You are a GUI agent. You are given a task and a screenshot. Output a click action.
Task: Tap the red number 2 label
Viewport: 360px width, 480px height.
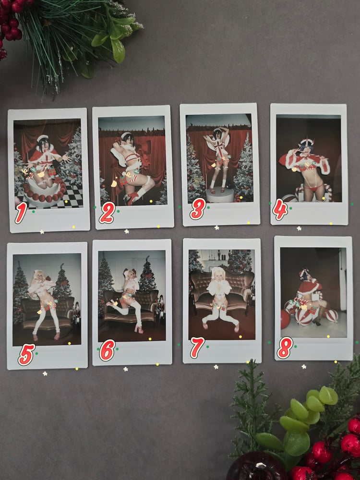(x=107, y=213)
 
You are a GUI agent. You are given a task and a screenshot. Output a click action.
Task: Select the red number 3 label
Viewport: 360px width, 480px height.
(x=197, y=209)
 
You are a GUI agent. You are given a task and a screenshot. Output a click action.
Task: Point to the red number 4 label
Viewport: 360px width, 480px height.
(x=280, y=210)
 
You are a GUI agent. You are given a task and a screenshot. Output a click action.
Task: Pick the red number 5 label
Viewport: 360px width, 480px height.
(x=26, y=355)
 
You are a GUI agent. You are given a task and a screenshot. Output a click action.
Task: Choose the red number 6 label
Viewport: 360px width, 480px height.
(x=107, y=350)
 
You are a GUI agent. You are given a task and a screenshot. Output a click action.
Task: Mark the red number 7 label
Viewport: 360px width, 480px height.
(x=197, y=348)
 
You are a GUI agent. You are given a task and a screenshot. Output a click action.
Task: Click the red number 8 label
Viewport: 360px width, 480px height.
(x=285, y=348)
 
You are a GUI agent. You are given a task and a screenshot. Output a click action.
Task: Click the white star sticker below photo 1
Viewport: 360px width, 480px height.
(x=42, y=232)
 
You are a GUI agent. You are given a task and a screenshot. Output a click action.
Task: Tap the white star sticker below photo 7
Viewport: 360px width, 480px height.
(x=216, y=367)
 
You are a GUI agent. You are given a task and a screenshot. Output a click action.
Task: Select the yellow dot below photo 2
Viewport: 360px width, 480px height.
(x=158, y=227)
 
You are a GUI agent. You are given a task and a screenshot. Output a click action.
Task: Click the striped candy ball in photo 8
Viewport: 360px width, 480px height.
(x=303, y=316)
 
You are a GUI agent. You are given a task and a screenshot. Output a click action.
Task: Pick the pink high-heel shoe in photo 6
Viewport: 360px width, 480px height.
(x=138, y=329)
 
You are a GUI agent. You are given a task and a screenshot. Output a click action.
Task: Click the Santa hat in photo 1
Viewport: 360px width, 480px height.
(x=43, y=138)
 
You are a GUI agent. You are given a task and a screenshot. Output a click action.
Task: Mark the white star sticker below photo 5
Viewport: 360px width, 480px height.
(x=45, y=373)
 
